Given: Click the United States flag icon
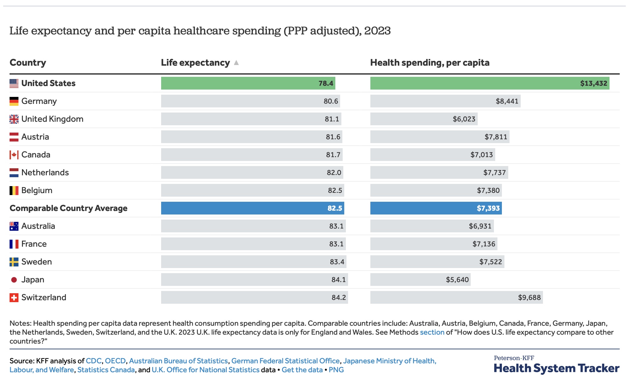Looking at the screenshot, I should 14,84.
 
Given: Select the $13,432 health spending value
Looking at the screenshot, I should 594,84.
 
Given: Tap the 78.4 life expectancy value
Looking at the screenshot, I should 326,84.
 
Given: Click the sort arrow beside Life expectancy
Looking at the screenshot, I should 236,63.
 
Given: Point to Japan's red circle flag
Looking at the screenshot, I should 14,280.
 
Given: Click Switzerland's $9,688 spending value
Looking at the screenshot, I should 529,298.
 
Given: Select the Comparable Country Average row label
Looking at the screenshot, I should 68,208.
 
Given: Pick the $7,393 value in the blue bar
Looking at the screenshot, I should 488,208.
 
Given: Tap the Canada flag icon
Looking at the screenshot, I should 14,155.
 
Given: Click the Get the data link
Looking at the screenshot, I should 302,370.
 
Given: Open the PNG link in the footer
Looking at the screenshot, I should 336,370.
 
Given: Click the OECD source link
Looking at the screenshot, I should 115,361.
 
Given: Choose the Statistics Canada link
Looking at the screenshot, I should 106,370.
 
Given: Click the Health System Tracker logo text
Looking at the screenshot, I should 556,368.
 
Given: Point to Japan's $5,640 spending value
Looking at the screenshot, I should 457,280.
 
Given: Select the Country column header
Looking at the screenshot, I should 28,63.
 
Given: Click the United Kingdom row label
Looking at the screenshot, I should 52,119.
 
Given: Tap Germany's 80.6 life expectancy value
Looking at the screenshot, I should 331,101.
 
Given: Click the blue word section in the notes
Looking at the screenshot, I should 432,332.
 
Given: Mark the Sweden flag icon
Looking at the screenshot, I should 14,262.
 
